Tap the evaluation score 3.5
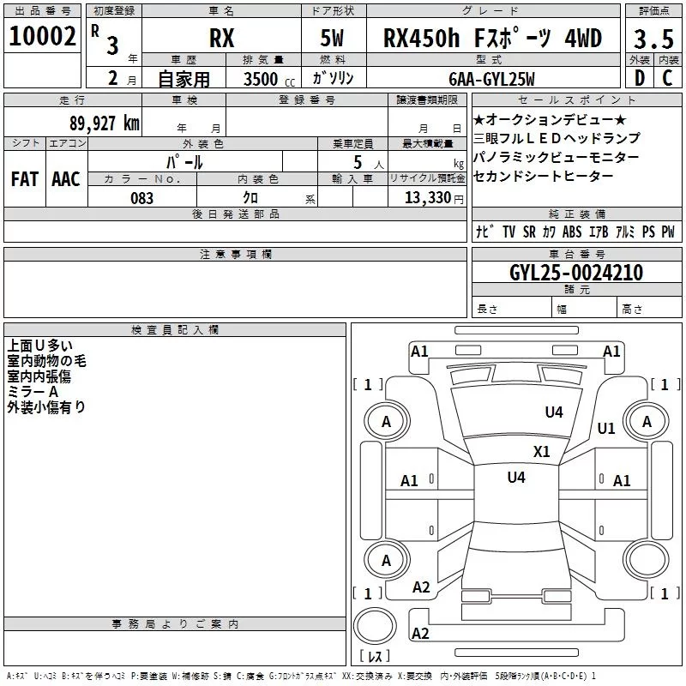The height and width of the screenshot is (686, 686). pos(653,39)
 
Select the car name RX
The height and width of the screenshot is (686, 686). pos(222,39)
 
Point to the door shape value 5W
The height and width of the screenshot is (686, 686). pos(334,39)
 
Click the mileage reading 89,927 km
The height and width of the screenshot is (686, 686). pos(105,123)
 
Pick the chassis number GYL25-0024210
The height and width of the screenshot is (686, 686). pos(576,274)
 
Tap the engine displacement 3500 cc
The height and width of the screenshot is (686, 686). pos(266,79)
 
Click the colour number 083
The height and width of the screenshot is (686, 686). pos(141,198)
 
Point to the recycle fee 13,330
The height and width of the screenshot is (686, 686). pos(427,198)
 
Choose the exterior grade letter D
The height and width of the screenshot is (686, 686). pos(639,78)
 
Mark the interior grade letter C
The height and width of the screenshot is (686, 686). pos(667,78)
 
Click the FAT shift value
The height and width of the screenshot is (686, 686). pos(25,179)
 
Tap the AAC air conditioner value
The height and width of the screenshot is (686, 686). pos(66,179)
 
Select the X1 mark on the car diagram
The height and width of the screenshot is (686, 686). pos(541,451)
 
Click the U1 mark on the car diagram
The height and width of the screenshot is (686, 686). pos(606,429)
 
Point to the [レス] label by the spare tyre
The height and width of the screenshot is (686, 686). pos(375,656)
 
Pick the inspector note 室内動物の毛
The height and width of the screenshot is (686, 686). pos(46,361)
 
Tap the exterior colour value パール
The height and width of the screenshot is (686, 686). pos(184,161)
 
